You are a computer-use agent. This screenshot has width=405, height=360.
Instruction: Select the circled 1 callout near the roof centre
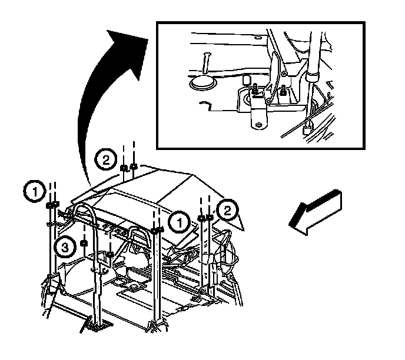(179, 222)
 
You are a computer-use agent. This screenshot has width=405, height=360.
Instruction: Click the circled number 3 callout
(65, 248)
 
